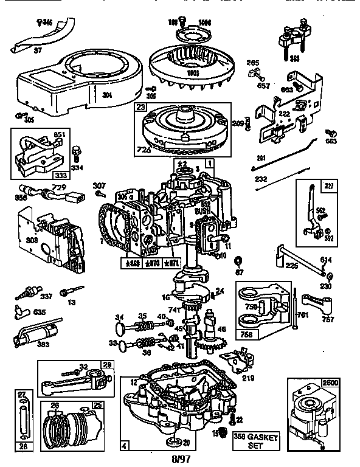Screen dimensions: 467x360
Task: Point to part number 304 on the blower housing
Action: click(107, 94)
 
